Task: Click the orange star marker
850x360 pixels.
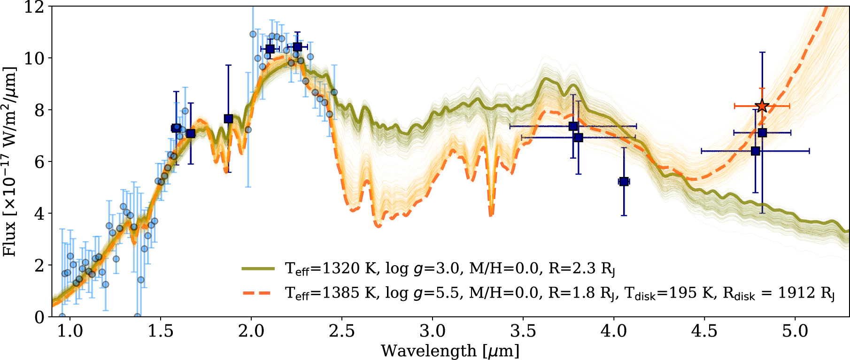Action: (x=762, y=107)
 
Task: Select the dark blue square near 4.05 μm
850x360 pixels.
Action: (x=624, y=181)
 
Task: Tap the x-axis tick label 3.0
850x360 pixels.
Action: (x=432, y=331)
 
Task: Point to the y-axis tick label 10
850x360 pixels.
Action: (x=34, y=58)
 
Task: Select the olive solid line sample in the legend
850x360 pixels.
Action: (x=258, y=268)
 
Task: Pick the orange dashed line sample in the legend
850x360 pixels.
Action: (x=258, y=293)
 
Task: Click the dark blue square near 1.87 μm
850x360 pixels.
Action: (x=228, y=119)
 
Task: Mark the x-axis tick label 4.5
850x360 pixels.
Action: (x=704, y=331)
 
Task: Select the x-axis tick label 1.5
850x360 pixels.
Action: (x=161, y=331)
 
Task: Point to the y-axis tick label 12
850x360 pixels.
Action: (x=34, y=7)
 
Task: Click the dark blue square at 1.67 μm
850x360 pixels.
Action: (x=191, y=134)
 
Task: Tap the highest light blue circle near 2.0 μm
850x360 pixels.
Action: (x=253, y=34)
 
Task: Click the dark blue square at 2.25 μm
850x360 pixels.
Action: (x=297, y=47)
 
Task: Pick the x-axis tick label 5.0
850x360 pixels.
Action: (x=795, y=331)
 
